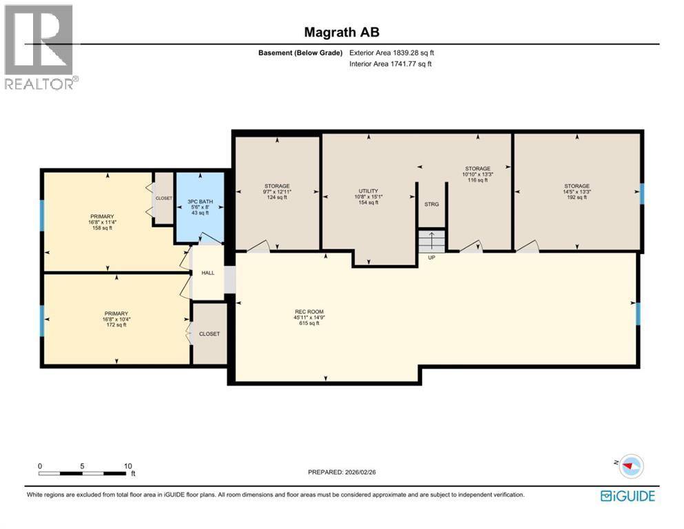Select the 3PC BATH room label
tap(200, 202)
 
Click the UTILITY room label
tap(369, 191)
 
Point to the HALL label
tap(208, 273)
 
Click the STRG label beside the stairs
tap(432, 204)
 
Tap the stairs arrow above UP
tap(432, 241)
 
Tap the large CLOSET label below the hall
tap(209, 333)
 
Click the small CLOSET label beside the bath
tap(164, 198)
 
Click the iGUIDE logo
tap(628, 496)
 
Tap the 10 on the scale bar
tap(127, 466)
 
